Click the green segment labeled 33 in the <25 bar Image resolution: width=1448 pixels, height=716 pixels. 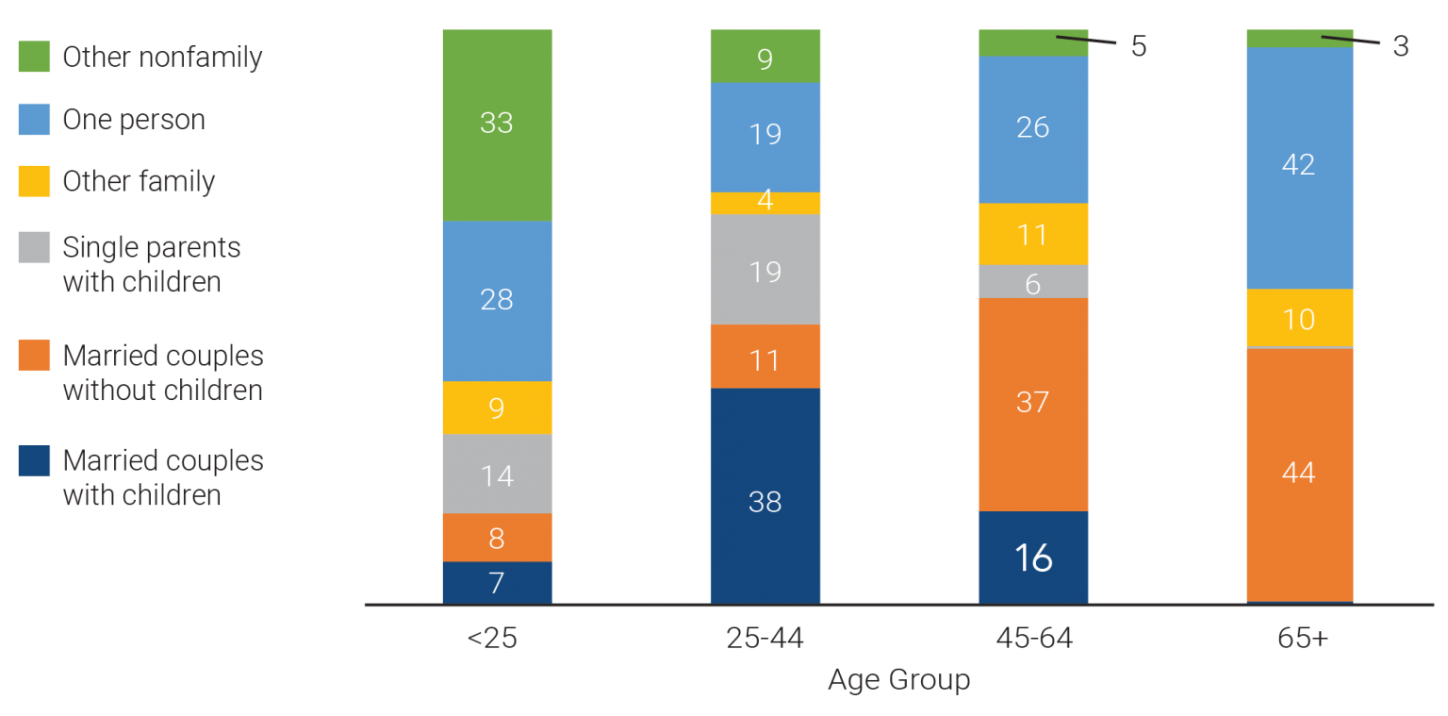coord(497,125)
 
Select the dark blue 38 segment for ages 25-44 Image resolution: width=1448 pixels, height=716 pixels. coord(765,495)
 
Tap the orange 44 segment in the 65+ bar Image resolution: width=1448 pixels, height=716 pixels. coord(1299,474)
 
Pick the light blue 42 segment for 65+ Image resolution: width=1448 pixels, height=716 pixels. coord(1299,167)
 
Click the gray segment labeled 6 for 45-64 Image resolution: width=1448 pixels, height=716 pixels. coord(1032,282)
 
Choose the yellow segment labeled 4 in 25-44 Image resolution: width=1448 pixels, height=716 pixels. coord(765,203)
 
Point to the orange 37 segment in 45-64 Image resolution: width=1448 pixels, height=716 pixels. coord(1032,404)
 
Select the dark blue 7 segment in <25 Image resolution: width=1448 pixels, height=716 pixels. coord(497,582)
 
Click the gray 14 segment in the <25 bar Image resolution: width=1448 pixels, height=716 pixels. coord(497,474)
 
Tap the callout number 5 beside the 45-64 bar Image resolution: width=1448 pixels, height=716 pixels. coord(1139,46)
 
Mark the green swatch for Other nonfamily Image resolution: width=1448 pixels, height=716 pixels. coord(34,58)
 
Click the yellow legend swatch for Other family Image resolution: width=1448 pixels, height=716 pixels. coord(34,181)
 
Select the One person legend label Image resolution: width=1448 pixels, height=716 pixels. coord(133,120)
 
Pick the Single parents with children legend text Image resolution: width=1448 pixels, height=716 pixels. coord(151,265)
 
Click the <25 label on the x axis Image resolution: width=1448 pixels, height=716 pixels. coord(491,639)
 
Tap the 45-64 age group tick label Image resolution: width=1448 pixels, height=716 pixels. coord(1034,639)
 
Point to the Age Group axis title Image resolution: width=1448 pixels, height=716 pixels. coord(898,680)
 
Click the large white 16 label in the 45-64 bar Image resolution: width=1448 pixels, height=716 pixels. coord(1033,558)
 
